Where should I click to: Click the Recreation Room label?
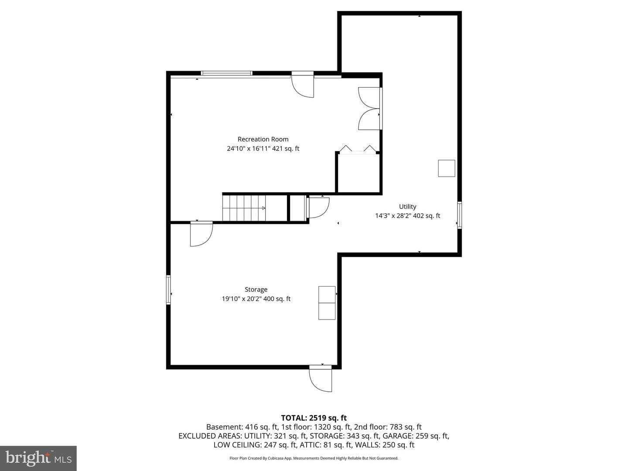[x=263, y=139]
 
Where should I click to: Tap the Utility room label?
[x=407, y=206]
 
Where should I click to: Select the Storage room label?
[x=256, y=290]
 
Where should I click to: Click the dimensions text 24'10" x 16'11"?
[x=248, y=149]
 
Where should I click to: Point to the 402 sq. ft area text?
[x=427, y=216]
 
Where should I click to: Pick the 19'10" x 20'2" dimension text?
[x=241, y=299]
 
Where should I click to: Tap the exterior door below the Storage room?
[x=321, y=379]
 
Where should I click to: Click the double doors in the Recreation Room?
[x=370, y=109]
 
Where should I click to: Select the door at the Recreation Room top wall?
[x=303, y=85]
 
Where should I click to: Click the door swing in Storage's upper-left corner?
[x=201, y=234]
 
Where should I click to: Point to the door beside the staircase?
[x=318, y=207]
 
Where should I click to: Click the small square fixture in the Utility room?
[x=446, y=168]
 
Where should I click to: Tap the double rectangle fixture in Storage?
[x=327, y=303]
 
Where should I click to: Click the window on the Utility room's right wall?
[x=460, y=215]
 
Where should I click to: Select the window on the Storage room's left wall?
[x=168, y=290]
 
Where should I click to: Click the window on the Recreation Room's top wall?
[x=227, y=73]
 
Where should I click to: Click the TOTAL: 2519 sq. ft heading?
[x=314, y=418]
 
